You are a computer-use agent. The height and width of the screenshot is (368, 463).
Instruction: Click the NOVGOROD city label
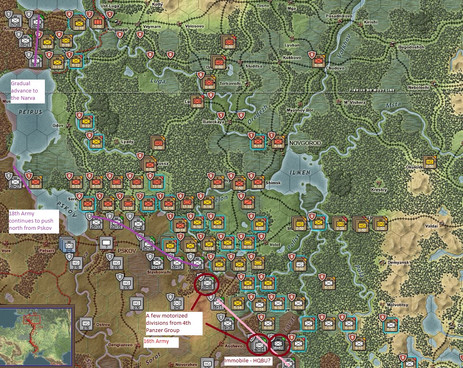[305, 143]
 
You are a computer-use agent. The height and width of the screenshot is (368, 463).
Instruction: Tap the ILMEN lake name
[300, 172]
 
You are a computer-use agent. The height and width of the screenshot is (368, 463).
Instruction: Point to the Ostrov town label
[103, 325]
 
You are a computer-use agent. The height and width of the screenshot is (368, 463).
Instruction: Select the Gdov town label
[58, 126]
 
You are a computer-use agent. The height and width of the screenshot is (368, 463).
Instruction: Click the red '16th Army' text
[156, 341]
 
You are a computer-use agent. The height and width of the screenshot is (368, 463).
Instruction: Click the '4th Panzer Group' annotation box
[173, 323]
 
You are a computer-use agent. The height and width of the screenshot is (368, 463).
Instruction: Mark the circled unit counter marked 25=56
[207, 284]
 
